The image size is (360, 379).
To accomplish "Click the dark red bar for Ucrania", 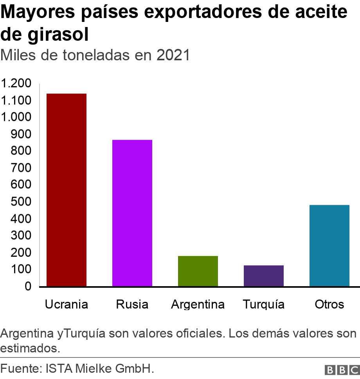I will click(x=67, y=190).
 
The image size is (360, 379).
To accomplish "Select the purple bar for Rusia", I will click(x=132, y=213).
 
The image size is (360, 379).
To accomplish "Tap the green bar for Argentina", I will click(x=198, y=271).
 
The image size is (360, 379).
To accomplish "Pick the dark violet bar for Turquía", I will click(x=264, y=276).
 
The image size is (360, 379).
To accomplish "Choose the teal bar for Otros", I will click(x=329, y=245).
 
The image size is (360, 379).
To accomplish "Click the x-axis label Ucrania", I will click(x=67, y=304).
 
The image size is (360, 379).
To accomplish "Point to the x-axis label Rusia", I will click(x=132, y=304).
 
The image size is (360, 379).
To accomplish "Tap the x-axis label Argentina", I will click(x=198, y=304).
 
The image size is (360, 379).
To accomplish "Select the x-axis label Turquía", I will click(x=263, y=304).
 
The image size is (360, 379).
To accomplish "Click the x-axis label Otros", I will click(x=329, y=304).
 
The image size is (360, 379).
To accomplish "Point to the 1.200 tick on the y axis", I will click(x=16, y=84).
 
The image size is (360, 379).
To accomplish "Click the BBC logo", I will click(x=342, y=370).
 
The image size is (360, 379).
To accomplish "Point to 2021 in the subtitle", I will click(x=173, y=56).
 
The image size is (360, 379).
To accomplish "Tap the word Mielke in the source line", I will click(x=94, y=369).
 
